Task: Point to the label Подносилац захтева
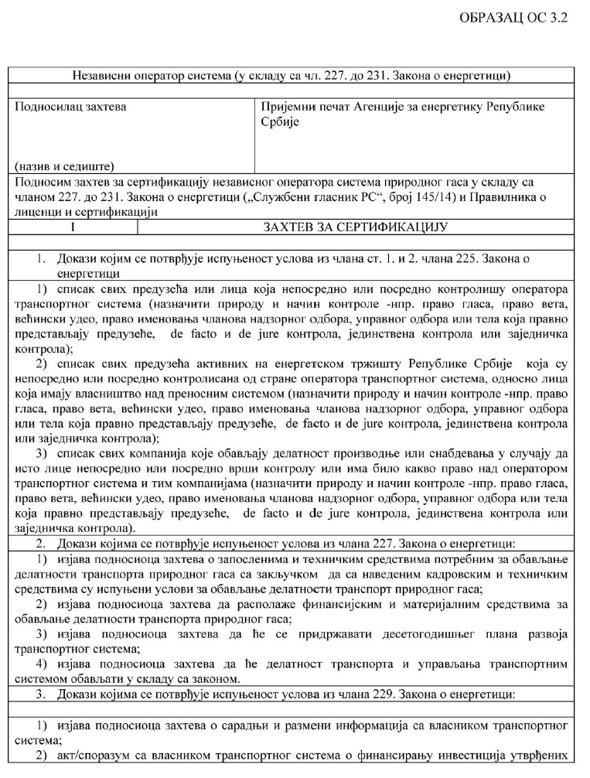click(71, 105)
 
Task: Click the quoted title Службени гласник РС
click(318, 197)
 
